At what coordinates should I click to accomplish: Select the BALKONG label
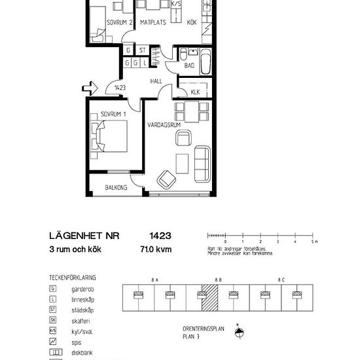pos(116,188)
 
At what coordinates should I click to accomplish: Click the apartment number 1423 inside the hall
pos(119,87)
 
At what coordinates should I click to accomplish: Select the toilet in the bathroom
pos(172,54)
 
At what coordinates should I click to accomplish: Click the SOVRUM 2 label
pos(120,22)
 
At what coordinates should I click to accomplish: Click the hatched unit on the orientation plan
pos(209,300)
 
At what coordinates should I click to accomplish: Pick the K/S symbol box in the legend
pos(52,331)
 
